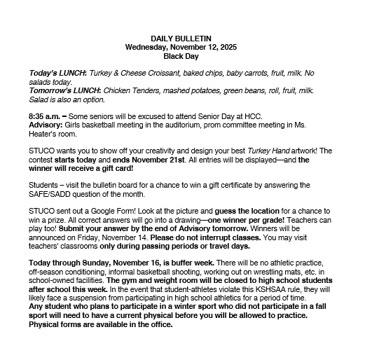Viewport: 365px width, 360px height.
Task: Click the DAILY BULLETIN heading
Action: click(x=182, y=37)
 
